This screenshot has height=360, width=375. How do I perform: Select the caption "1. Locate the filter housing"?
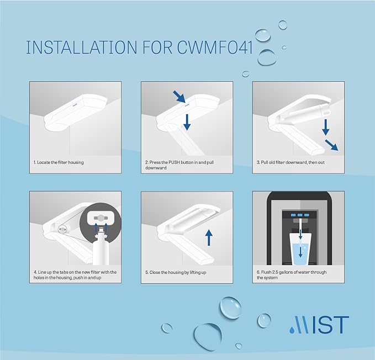(59, 162)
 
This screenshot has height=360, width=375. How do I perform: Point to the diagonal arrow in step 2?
(179, 97)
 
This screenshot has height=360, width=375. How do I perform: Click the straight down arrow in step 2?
(187, 120)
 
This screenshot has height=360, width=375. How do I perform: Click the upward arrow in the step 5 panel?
(209, 237)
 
